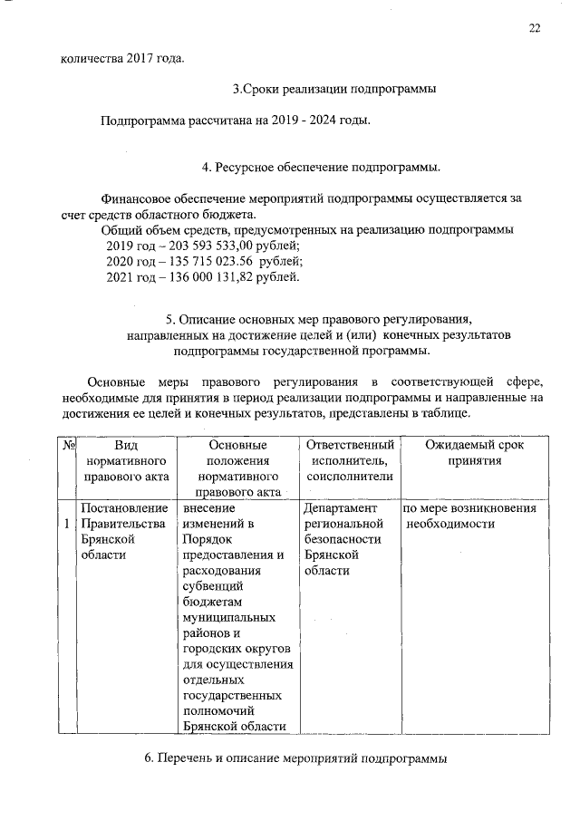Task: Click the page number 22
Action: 535,28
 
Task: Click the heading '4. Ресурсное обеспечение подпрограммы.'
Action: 322,168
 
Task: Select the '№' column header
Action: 69,445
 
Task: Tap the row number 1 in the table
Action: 69,524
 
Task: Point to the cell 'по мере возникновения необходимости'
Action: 470,516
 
